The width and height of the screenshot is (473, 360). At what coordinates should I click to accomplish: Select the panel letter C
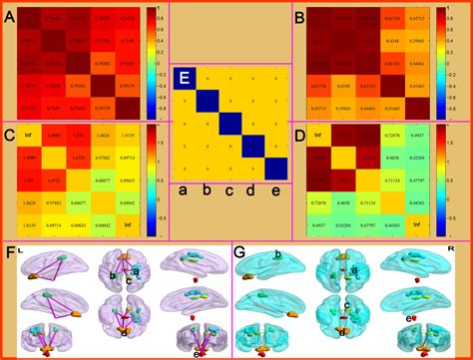pyautogui.click(x=9, y=135)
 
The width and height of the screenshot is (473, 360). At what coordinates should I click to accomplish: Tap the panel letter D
pyautogui.click(x=296, y=135)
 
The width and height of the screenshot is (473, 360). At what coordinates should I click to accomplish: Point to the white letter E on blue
pyautogui.click(x=184, y=78)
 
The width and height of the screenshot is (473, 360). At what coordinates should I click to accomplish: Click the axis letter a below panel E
pyautogui.click(x=185, y=188)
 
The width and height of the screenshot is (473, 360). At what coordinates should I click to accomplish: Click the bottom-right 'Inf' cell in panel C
pyautogui.click(x=128, y=226)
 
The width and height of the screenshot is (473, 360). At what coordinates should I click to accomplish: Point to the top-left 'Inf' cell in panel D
pyautogui.click(x=318, y=133)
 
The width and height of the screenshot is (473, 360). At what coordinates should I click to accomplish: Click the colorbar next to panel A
pyautogui.click(x=151, y=60)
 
